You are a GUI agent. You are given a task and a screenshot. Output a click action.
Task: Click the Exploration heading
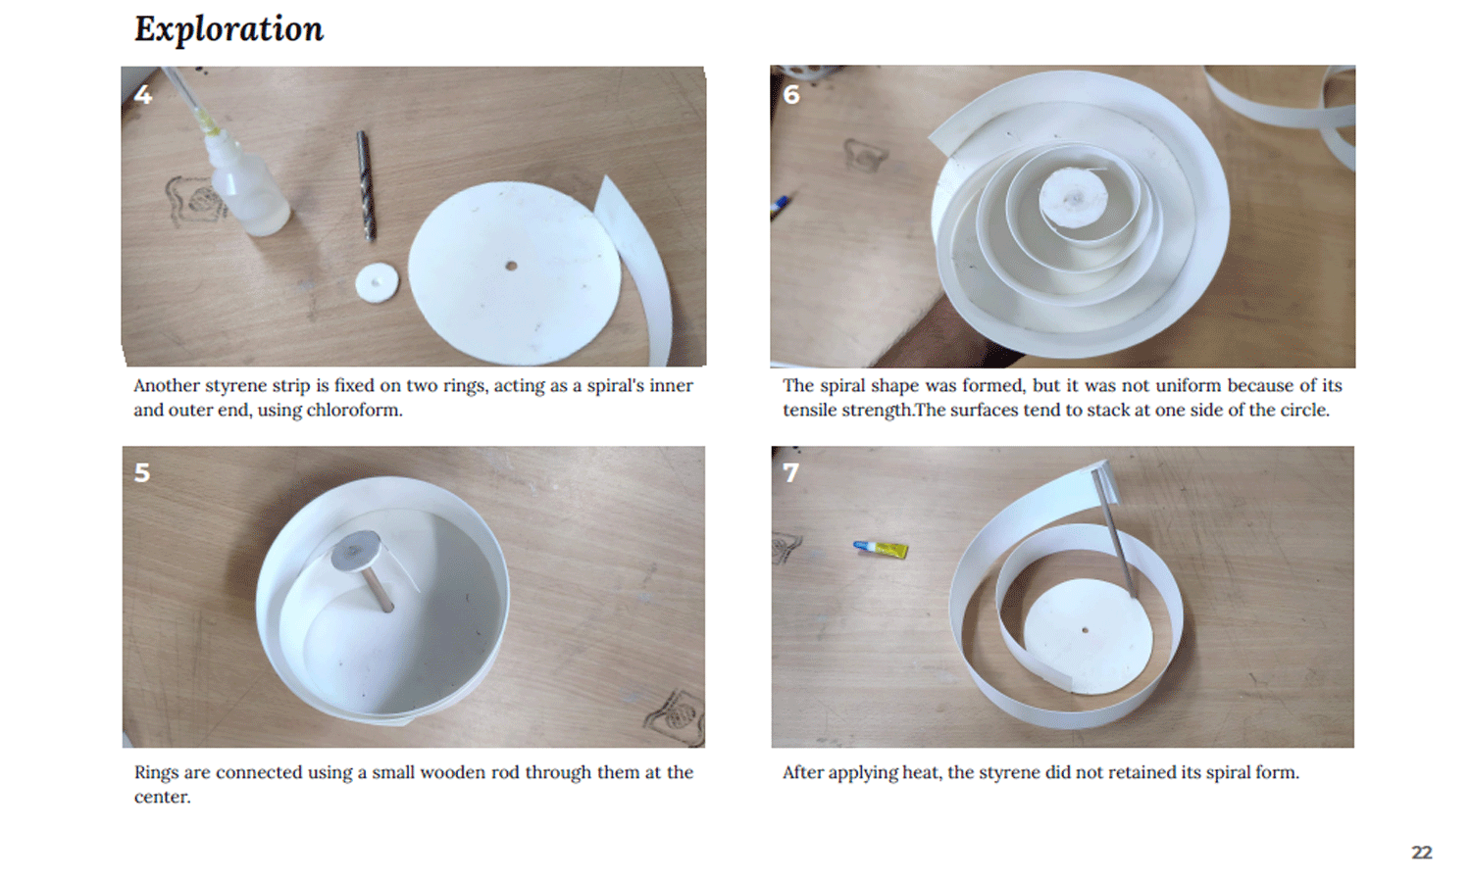228,28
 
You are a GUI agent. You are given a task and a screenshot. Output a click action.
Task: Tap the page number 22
1422,852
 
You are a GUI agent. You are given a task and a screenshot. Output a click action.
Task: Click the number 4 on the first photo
142,94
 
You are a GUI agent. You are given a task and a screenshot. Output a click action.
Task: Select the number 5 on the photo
142,472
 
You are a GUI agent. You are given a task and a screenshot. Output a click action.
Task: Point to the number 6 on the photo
791,94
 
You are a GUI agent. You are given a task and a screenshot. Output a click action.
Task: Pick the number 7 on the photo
790,472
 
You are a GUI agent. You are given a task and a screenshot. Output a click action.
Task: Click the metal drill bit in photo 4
367,186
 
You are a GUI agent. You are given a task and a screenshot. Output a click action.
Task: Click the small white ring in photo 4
377,283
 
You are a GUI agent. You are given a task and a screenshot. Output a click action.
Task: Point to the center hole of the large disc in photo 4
511,266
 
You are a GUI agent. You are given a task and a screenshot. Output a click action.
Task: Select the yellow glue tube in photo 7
882,549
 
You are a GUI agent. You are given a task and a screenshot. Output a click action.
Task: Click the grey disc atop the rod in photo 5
355,551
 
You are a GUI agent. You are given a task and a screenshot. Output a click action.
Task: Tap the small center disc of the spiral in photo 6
1073,198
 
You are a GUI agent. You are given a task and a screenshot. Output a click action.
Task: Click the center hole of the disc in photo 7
1085,631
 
